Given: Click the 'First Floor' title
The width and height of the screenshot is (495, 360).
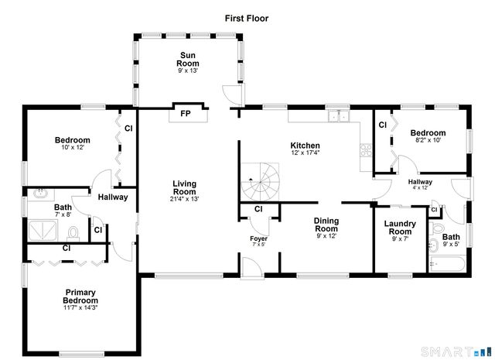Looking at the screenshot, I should point(247,17).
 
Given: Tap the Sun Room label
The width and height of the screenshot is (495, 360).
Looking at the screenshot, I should point(187,59).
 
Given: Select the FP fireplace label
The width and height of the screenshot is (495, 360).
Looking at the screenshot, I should point(186,114).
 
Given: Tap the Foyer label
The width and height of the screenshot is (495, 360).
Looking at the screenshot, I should point(258,238).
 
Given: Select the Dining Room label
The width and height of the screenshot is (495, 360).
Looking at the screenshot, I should point(326,225).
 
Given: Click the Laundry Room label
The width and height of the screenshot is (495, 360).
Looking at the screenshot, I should point(400,228).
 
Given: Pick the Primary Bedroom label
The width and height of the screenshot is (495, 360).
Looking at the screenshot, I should point(80,297).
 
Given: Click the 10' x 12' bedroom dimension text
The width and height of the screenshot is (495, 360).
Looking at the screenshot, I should point(72,148).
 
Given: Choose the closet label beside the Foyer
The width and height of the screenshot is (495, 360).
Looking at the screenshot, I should point(258,209).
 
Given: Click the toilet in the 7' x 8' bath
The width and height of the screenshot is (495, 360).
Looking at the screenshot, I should point(73,232).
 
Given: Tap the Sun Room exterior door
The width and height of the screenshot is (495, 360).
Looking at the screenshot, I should point(230,94).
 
